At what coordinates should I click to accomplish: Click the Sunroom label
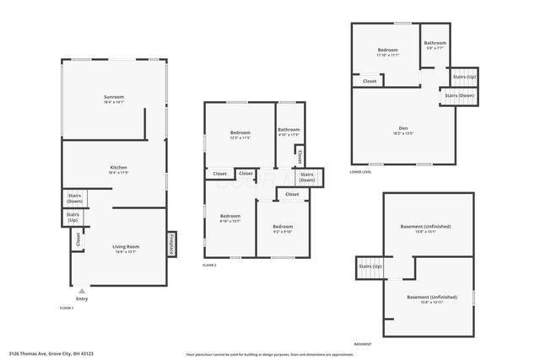pos(114,99)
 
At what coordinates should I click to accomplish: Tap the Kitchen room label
pos(119,169)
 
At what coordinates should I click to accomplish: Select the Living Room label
pos(127,247)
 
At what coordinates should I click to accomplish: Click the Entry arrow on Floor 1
pos(82,291)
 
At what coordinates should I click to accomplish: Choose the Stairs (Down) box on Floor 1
pos(74,199)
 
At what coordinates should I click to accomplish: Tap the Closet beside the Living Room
pos(78,239)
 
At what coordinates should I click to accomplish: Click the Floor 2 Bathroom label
pos(289,131)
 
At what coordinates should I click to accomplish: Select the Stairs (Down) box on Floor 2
pos(306,177)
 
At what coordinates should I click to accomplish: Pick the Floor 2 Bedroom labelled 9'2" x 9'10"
pos(283,228)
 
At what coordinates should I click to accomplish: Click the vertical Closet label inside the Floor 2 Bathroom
pos(300,157)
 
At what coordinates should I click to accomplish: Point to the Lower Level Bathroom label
pos(435,45)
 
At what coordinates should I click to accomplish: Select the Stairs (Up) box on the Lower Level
pos(463,77)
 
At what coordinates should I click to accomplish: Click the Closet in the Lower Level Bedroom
pos(370,82)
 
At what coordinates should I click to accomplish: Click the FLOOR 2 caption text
pos(209,265)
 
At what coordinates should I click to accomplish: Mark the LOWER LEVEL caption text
pos(361,171)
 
